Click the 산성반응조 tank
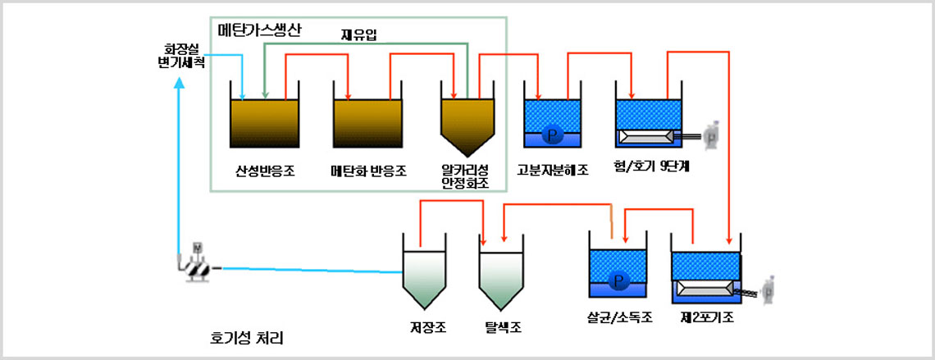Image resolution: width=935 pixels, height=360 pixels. point(264,123)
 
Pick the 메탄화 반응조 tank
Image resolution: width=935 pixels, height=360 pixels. point(368,123)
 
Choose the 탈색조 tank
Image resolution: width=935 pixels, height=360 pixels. point(502,279)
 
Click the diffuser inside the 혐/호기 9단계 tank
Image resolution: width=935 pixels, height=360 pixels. point(648,136)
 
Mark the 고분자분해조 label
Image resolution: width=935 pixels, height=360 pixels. point(553,171)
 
